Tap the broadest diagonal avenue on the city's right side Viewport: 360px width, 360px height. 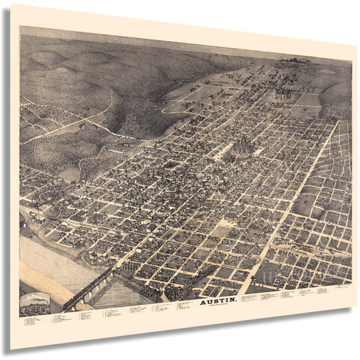coord(300,186)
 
